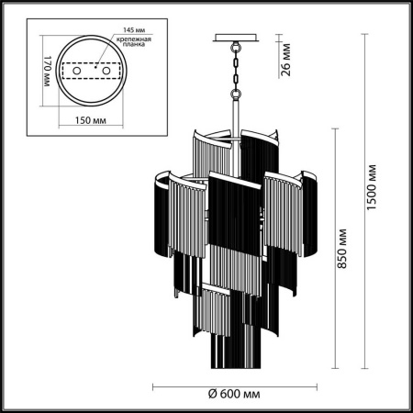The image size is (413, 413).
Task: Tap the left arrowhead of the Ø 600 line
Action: (x=152, y=385)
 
